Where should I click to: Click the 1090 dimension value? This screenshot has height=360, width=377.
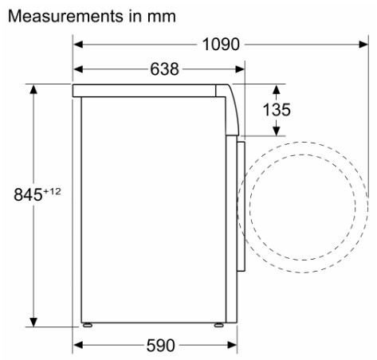coord(221,45)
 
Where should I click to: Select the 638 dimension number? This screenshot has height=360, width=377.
coord(165,69)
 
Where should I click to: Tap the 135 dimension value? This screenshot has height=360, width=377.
coord(277,110)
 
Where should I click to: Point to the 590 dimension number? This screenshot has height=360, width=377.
coord(161,346)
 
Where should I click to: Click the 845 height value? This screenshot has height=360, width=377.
coord(28,194)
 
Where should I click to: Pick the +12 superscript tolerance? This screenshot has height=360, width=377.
coord(52,191)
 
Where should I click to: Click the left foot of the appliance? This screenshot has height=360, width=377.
coord(87,325)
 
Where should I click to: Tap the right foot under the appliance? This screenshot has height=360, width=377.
coord(219,325)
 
